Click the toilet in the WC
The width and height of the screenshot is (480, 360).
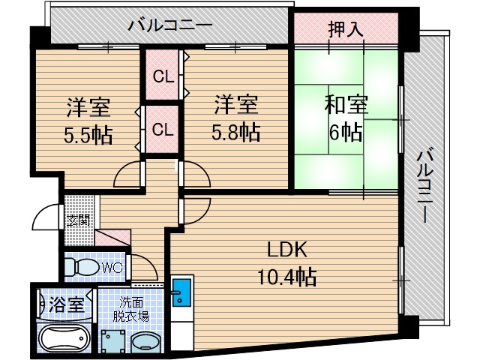82,267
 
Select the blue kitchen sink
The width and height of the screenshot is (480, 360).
181,292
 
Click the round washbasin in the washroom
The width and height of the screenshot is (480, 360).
146,343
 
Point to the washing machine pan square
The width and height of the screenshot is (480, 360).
113,341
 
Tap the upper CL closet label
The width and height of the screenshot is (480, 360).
163,76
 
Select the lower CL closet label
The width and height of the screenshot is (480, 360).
163,130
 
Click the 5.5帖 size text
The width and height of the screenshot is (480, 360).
88,136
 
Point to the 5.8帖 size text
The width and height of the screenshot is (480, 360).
236,132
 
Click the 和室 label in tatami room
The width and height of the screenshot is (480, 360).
346,104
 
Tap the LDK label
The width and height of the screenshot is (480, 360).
286,250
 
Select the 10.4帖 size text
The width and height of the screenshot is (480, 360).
286,277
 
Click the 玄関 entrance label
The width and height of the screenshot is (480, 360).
79,220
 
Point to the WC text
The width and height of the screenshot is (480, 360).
112,268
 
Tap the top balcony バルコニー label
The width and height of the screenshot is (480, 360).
170,25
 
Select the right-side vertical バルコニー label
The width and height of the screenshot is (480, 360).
426,185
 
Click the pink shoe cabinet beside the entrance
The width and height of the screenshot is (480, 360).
112,238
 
